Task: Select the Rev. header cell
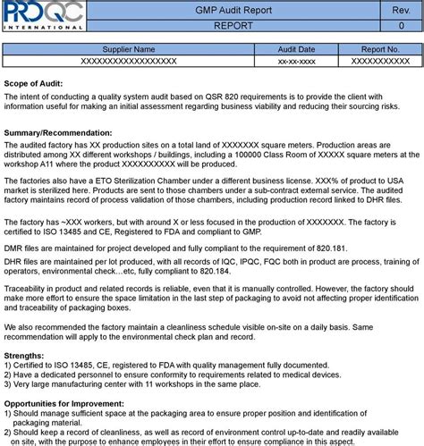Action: (400, 10)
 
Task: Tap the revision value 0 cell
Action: (400, 26)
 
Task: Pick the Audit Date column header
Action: (294, 49)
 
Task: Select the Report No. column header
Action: (379, 49)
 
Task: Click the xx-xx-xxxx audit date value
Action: (294, 61)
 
